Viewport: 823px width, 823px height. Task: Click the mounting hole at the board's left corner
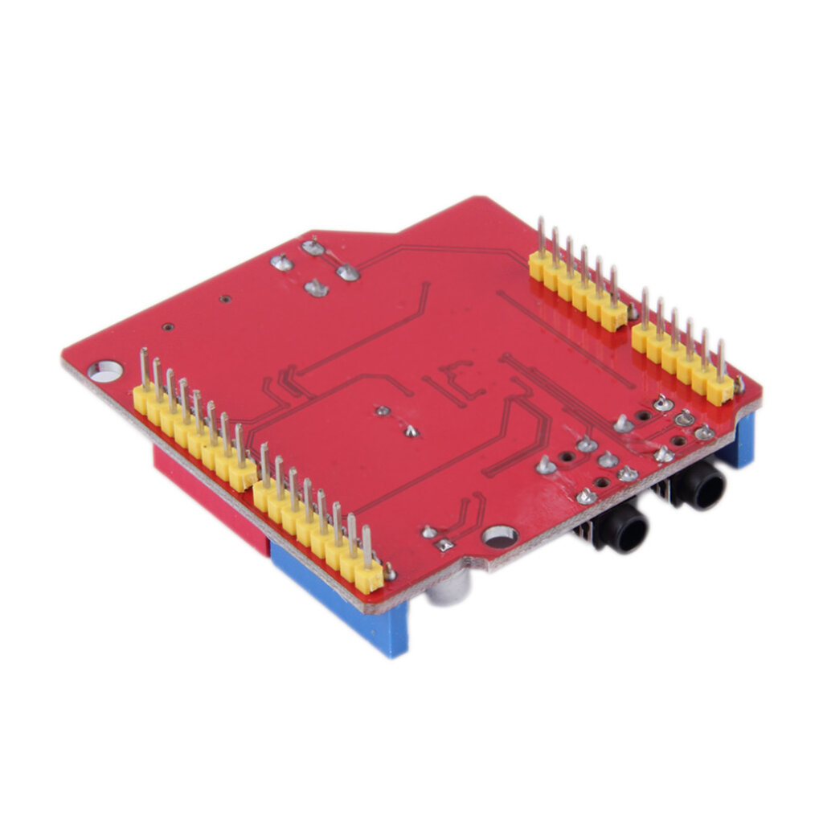tap(105, 371)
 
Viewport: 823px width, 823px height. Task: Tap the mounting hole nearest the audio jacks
tap(500, 536)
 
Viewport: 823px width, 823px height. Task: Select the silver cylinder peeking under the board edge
tap(447, 591)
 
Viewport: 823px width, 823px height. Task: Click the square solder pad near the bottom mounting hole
tap(444, 545)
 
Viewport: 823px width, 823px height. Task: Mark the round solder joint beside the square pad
tap(430, 531)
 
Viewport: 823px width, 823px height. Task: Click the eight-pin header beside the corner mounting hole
tap(194, 429)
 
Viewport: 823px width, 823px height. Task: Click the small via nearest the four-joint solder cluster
tap(226, 299)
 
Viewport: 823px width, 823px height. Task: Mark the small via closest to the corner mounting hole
tap(167, 327)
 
